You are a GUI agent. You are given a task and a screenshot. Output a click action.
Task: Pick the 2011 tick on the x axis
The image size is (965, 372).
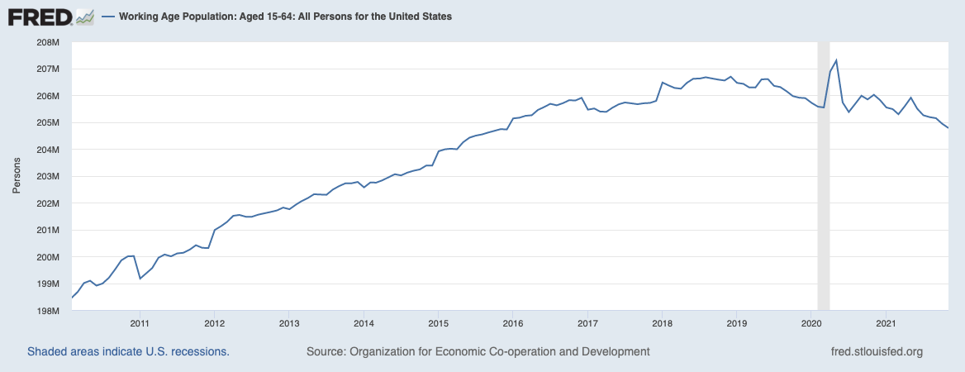coord(139,322)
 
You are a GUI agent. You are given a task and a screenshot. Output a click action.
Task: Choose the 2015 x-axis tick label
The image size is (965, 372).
coord(438,322)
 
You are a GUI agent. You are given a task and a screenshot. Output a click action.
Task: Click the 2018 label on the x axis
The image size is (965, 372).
coord(662,322)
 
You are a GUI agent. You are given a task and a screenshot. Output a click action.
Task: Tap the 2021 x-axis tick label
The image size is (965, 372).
coord(886,322)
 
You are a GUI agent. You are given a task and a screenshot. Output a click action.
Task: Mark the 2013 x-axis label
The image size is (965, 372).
coord(288,322)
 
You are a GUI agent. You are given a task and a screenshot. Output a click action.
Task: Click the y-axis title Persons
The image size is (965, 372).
coord(17,177)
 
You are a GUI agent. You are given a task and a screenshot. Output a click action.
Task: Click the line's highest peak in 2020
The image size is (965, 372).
coord(836,60)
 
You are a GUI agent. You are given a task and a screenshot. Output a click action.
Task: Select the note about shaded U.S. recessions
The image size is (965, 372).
coord(128,352)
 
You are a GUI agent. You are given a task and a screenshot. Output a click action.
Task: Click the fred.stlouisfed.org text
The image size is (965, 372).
coord(876,352)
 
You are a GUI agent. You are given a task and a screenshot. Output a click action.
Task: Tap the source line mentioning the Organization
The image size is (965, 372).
coord(478,352)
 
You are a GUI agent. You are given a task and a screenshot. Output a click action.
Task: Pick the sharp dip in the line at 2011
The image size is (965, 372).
coord(140,278)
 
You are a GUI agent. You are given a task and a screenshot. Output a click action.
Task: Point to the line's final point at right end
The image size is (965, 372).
coord(948,128)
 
